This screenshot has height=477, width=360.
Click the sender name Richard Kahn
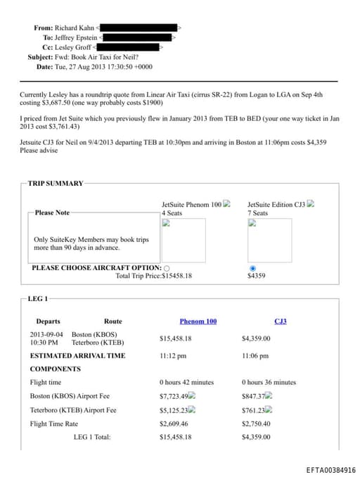(74, 28)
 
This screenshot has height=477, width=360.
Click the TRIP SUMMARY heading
(56, 184)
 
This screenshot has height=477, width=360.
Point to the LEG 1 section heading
(37, 300)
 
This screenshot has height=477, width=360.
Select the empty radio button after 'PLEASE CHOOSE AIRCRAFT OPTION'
(166, 268)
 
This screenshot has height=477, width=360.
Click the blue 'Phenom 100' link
(198, 322)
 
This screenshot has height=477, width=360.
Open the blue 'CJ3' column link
(280, 322)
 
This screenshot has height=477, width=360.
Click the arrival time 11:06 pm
(255, 356)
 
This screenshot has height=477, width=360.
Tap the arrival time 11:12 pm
(174, 356)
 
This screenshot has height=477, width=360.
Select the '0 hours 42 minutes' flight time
(186, 383)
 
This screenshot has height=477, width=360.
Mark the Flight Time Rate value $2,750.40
(256, 424)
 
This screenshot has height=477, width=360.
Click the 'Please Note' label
(52, 212)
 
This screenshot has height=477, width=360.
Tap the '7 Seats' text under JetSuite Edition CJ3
(257, 212)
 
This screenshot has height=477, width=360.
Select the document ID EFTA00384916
(330, 470)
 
